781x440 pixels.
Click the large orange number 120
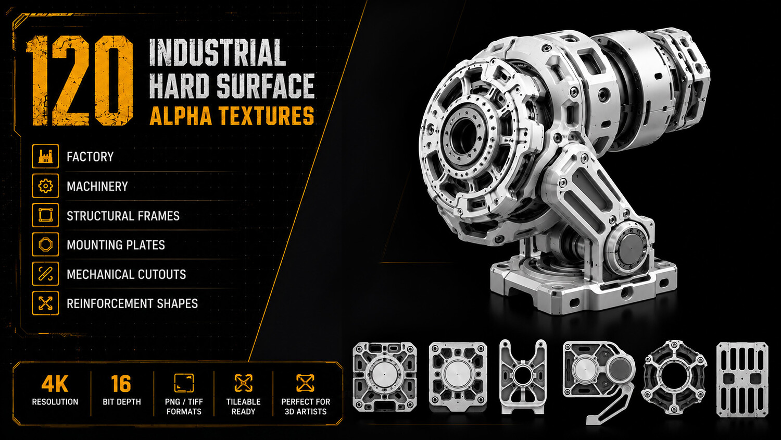[x=80, y=80]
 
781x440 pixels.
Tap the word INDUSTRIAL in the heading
[x=218, y=52]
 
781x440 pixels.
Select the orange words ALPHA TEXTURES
[x=232, y=116]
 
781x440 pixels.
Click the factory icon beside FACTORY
[x=45, y=156]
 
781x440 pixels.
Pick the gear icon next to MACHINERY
[x=45, y=186]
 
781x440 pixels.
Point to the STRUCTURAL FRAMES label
[x=123, y=216]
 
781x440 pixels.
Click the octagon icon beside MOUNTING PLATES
[x=45, y=245]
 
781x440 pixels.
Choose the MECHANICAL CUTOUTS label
[x=126, y=274]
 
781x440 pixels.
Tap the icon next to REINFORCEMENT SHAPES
[x=45, y=303]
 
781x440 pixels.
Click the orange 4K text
[x=55, y=384]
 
